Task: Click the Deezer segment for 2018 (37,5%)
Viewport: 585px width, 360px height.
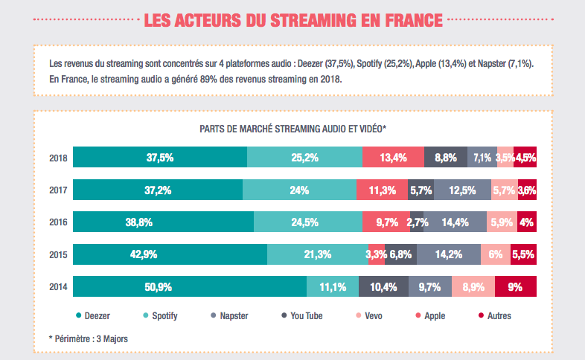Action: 160,158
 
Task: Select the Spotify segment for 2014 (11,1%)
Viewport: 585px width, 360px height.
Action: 333,286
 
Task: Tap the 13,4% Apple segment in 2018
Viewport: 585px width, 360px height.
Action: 393,158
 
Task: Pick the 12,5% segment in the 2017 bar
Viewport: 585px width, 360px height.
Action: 463,190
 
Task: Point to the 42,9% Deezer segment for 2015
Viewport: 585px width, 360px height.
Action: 170,254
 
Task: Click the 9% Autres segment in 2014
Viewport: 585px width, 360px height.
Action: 514,286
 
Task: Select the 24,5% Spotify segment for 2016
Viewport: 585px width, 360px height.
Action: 308,222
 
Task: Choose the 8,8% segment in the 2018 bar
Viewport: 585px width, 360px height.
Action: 446,158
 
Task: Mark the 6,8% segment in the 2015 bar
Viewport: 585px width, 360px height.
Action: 400,254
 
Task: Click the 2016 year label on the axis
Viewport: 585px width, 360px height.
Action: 58,222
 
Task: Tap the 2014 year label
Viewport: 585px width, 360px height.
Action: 58,287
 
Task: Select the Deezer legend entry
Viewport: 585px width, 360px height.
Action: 92,316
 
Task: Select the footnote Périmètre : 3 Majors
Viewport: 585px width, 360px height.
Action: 88,339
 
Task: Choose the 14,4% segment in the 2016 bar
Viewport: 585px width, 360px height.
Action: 455,222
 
